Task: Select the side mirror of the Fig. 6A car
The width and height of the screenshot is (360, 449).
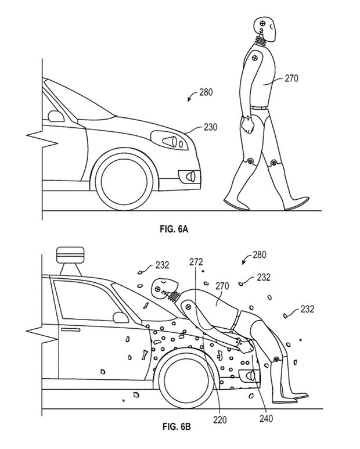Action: pos(56,115)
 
